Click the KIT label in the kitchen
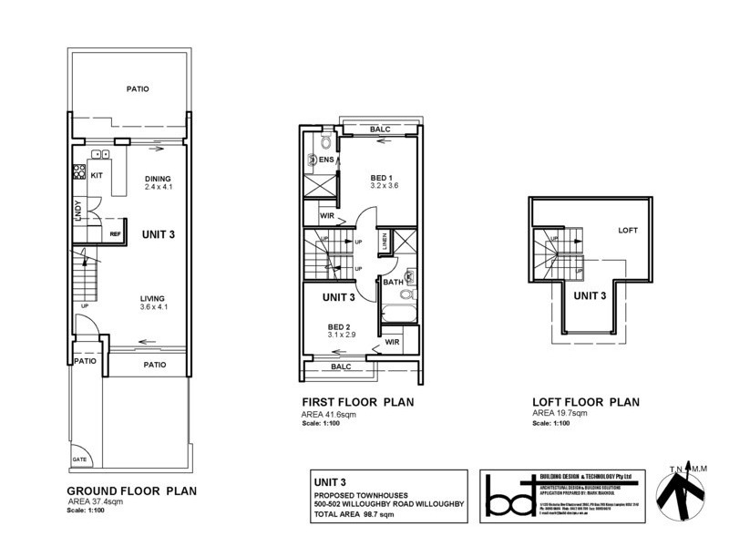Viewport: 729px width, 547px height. pyautogui.click(x=97, y=173)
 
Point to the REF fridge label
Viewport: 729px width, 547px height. pyautogui.click(x=115, y=234)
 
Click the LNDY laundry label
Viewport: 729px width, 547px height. pyautogui.click(x=79, y=211)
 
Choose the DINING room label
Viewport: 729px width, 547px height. pyautogui.click(x=159, y=178)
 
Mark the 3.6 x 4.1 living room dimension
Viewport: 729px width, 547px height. pyautogui.click(x=154, y=307)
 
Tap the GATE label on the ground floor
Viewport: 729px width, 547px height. pyautogui.click(x=81, y=459)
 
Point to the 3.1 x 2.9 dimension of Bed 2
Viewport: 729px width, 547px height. pyautogui.click(x=343, y=335)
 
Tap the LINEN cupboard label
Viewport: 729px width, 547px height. pyautogui.click(x=385, y=242)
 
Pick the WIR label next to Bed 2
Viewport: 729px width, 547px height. pyautogui.click(x=392, y=342)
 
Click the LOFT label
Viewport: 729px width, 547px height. pyautogui.click(x=629, y=230)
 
